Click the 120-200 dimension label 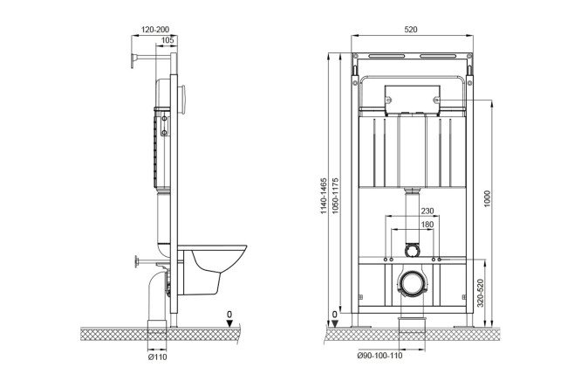click(x=155, y=30)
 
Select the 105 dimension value click(x=167, y=40)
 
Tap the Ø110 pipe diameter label click(x=157, y=357)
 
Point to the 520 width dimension click(x=411, y=30)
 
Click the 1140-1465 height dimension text click(x=324, y=196)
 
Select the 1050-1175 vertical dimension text click(x=335, y=196)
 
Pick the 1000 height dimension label click(x=487, y=198)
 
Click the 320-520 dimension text click(x=480, y=293)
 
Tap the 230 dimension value click(x=427, y=211)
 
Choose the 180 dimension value click(x=427, y=225)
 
